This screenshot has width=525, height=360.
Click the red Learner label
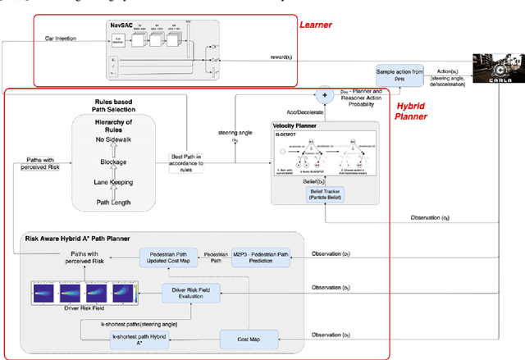317,25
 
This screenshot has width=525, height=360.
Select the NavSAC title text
121,27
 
